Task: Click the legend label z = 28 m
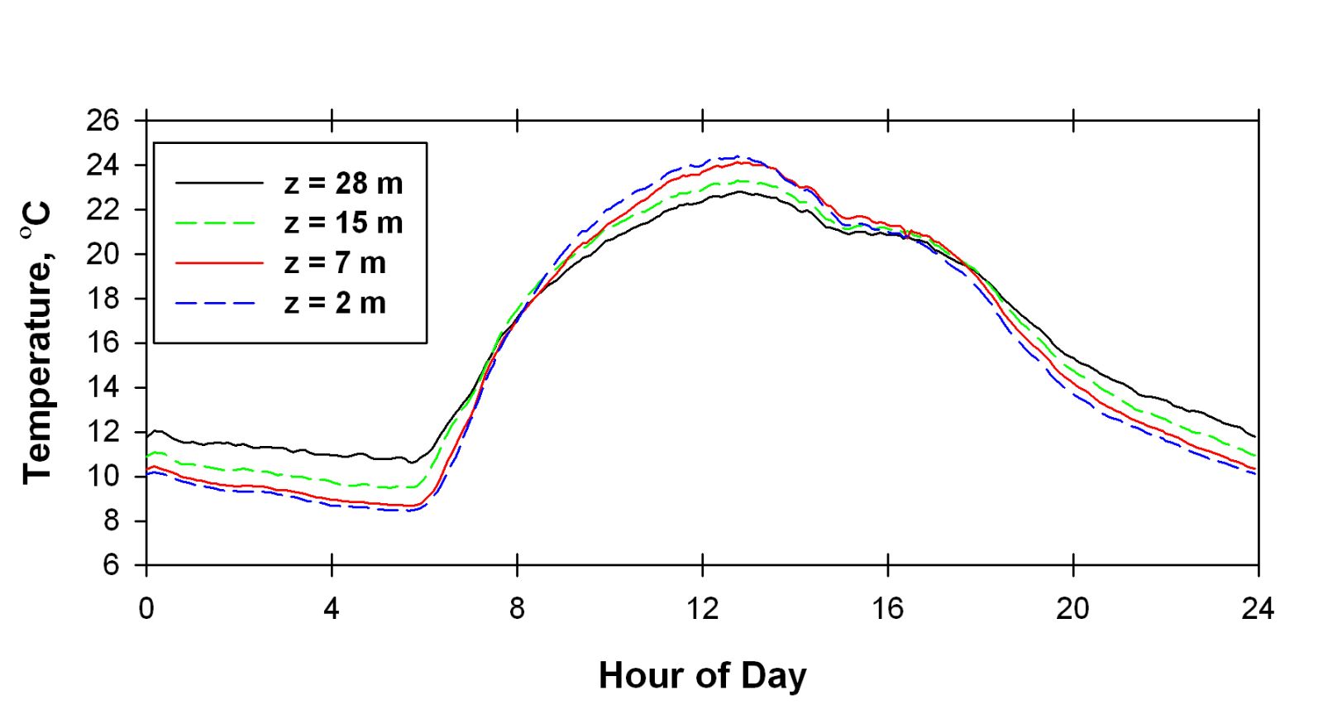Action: (x=343, y=183)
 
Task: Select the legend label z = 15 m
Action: (x=343, y=223)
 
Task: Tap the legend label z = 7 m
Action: (x=335, y=262)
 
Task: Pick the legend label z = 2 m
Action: (x=335, y=303)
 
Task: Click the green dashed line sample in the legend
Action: (x=219, y=223)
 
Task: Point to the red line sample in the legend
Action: (x=219, y=263)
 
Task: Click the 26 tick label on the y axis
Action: (x=103, y=121)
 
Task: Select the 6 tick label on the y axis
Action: (x=111, y=566)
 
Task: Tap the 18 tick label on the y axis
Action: (x=103, y=299)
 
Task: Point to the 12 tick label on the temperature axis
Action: (x=103, y=432)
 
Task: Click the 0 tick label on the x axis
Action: (x=146, y=610)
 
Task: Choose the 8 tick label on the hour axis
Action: (x=517, y=610)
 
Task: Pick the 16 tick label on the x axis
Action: (x=887, y=610)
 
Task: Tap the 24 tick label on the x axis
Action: (x=1258, y=610)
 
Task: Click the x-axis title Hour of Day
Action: (x=702, y=675)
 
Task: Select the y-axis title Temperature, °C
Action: (x=38, y=343)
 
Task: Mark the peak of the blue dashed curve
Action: (x=736, y=156)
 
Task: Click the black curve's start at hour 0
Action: (x=147, y=435)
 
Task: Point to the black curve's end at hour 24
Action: (x=1256, y=436)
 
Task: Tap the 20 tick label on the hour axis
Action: (x=1072, y=610)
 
